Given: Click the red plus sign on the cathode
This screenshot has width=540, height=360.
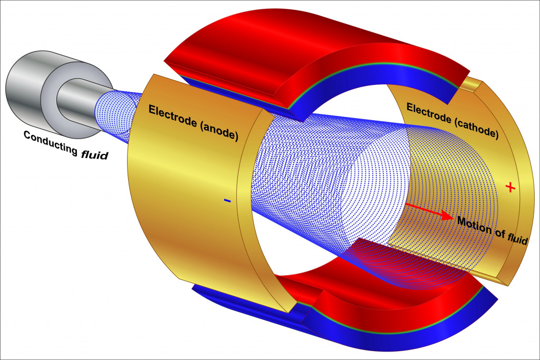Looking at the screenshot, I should point(509,187).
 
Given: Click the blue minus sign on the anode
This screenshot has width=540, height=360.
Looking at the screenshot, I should point(227,200).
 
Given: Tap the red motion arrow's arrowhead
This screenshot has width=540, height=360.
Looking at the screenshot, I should point(447,216).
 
